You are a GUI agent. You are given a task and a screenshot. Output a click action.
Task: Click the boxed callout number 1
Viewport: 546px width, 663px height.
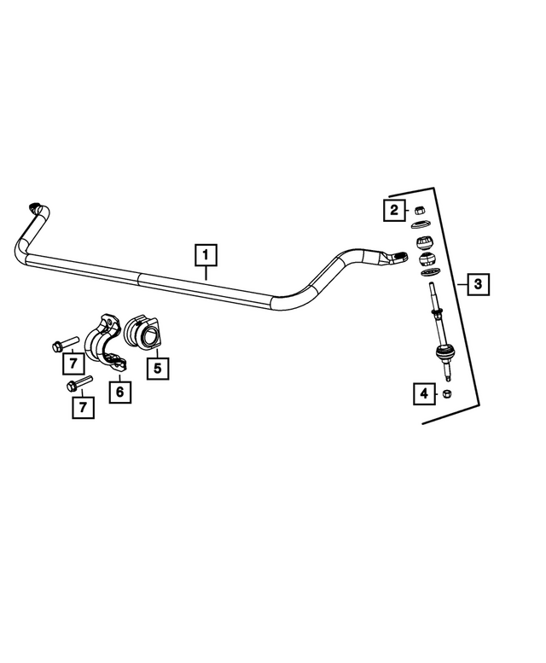(206, 254)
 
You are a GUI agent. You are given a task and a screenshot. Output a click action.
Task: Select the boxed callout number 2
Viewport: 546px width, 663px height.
(394, 210)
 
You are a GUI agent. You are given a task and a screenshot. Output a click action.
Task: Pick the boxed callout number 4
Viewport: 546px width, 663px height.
(423, 393)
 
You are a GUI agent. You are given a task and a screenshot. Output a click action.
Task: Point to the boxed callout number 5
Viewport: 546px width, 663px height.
(157, 368)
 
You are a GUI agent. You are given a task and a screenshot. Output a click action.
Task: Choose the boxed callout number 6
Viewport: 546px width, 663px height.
(119, 392)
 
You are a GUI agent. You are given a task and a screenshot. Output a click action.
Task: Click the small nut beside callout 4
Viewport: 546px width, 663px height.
(446, 393)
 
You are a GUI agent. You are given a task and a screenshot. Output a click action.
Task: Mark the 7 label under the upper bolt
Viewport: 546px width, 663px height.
(73, 365)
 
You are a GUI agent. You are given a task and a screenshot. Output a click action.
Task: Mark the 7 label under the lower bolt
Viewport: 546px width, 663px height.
(83, 407)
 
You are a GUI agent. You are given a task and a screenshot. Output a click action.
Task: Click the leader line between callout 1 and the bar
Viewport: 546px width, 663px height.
(206, 273)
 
